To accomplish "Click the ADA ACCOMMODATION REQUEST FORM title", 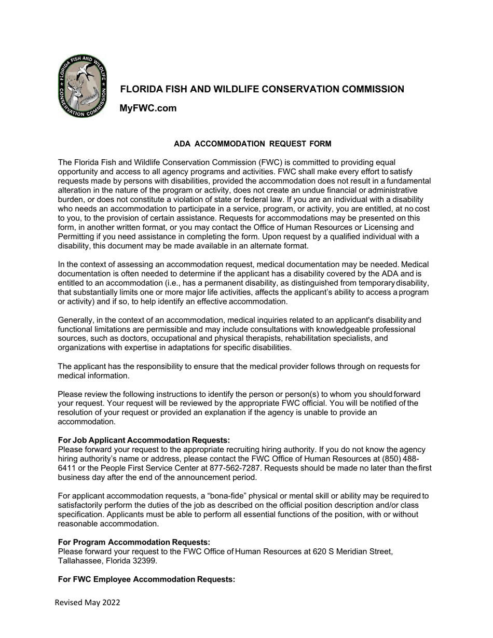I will [252, 144].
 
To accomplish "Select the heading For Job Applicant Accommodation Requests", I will [144, 440].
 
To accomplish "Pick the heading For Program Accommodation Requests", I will [134, 542].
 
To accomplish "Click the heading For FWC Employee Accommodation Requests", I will [146, 579].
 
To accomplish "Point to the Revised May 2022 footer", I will [87, 602].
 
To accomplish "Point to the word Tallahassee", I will [80, 561].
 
